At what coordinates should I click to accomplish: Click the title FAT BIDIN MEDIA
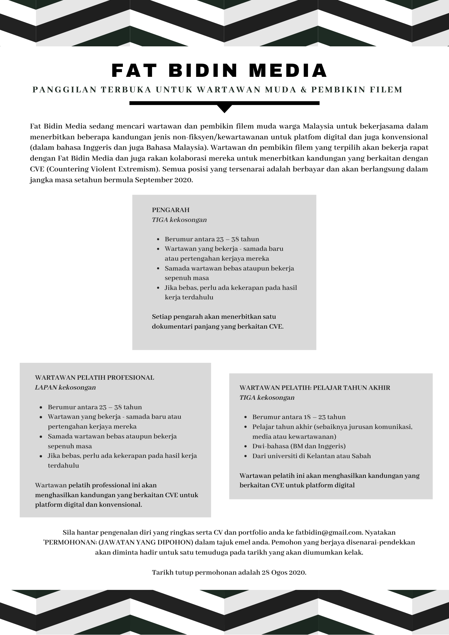pyautogui.click(x=219, y=70)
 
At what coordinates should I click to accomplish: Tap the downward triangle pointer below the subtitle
pyautogui.click(x=224, y=109)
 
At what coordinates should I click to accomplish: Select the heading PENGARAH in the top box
pyautogui.click(x=171, y=210)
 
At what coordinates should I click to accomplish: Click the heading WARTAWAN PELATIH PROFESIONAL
pyautogui.click(x=94, y=378)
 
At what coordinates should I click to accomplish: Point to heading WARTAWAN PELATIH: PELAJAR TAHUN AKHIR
pyautogui.click(x=315, y=388)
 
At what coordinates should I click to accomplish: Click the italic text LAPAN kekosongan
pyautogui.click(x=65, y=387)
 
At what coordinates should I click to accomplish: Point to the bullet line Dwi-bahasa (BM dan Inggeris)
pyautogui.click(x=299, y=446)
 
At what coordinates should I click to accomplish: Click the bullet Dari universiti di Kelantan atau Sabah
pyautogui.click(x=312, y=456)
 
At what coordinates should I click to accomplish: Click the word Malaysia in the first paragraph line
pyautogui.click(x=318, y=126)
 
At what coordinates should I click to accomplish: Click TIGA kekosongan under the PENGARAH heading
pyautogui.click(x=179, y=220)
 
